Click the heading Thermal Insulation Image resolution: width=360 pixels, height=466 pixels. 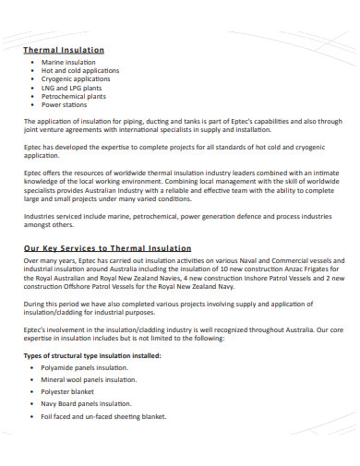pos(63,49)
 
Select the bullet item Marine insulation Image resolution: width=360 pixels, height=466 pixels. pos(68,61)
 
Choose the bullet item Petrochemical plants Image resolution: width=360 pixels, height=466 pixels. pos(74,96)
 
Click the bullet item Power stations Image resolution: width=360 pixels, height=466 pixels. pos(65,104)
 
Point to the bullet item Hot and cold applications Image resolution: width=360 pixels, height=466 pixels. pos(80,70)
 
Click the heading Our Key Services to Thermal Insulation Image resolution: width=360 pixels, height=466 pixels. pos(106,248)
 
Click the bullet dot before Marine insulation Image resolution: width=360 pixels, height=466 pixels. pos(32,61)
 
